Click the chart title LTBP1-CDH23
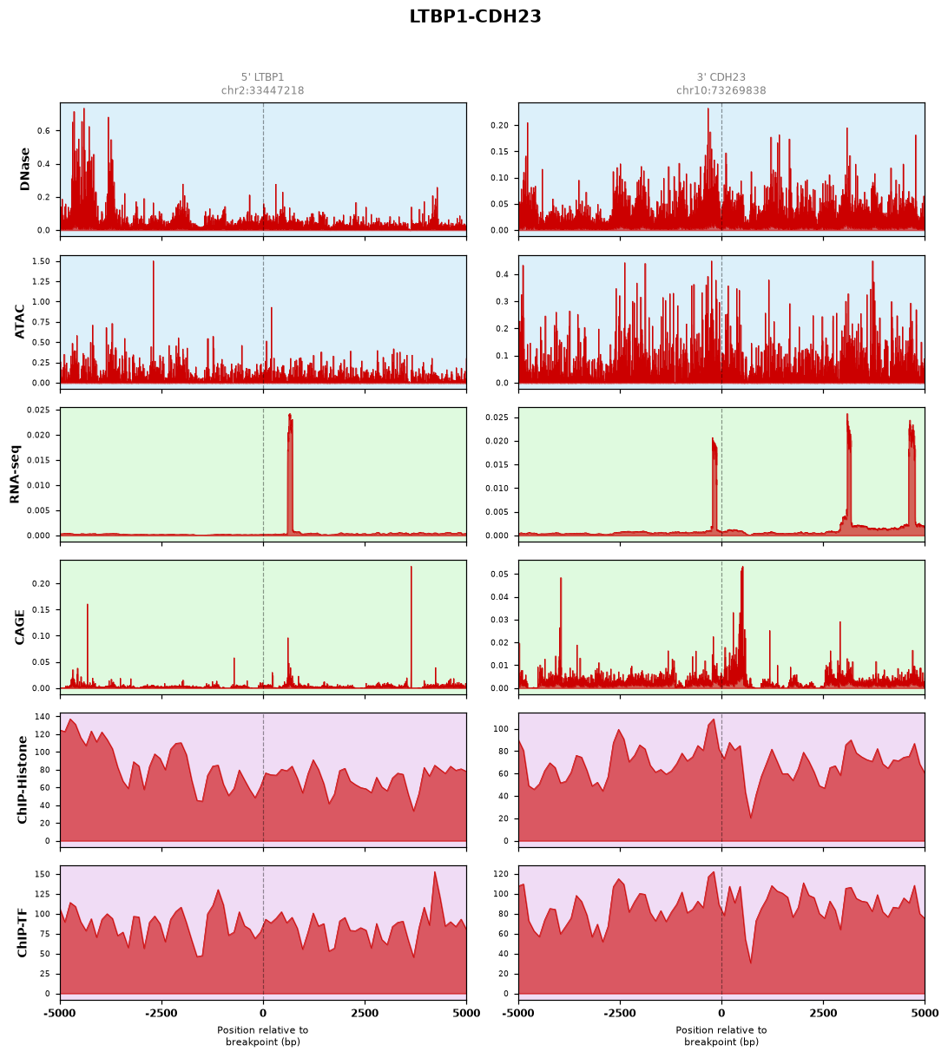474,16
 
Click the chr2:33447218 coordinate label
262,90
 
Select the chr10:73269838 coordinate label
721,90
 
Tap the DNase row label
24,168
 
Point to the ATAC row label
20,321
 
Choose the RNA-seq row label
15,473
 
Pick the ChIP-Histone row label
22,779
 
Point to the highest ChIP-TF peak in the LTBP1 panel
435,872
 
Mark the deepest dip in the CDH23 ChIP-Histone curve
751,818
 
